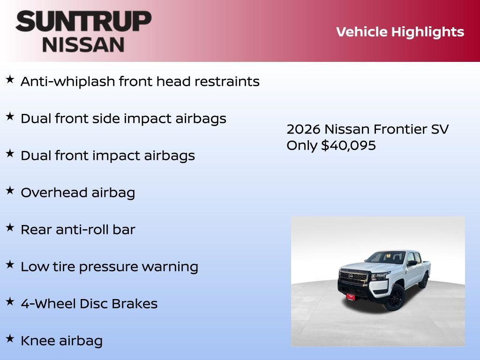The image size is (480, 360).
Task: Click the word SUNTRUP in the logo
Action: point(83,22)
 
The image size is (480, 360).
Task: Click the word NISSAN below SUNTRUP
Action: point(83,45)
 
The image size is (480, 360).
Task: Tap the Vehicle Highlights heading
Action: point(400,32)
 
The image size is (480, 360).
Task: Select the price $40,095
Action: point(348,145)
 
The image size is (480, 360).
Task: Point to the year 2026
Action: point(303,129)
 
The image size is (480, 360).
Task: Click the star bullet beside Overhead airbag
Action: point(10,190)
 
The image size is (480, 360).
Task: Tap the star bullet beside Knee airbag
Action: point(10,338)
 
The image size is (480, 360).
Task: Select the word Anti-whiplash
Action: point(67,82)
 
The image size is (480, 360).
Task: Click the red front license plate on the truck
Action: point(351,296)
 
